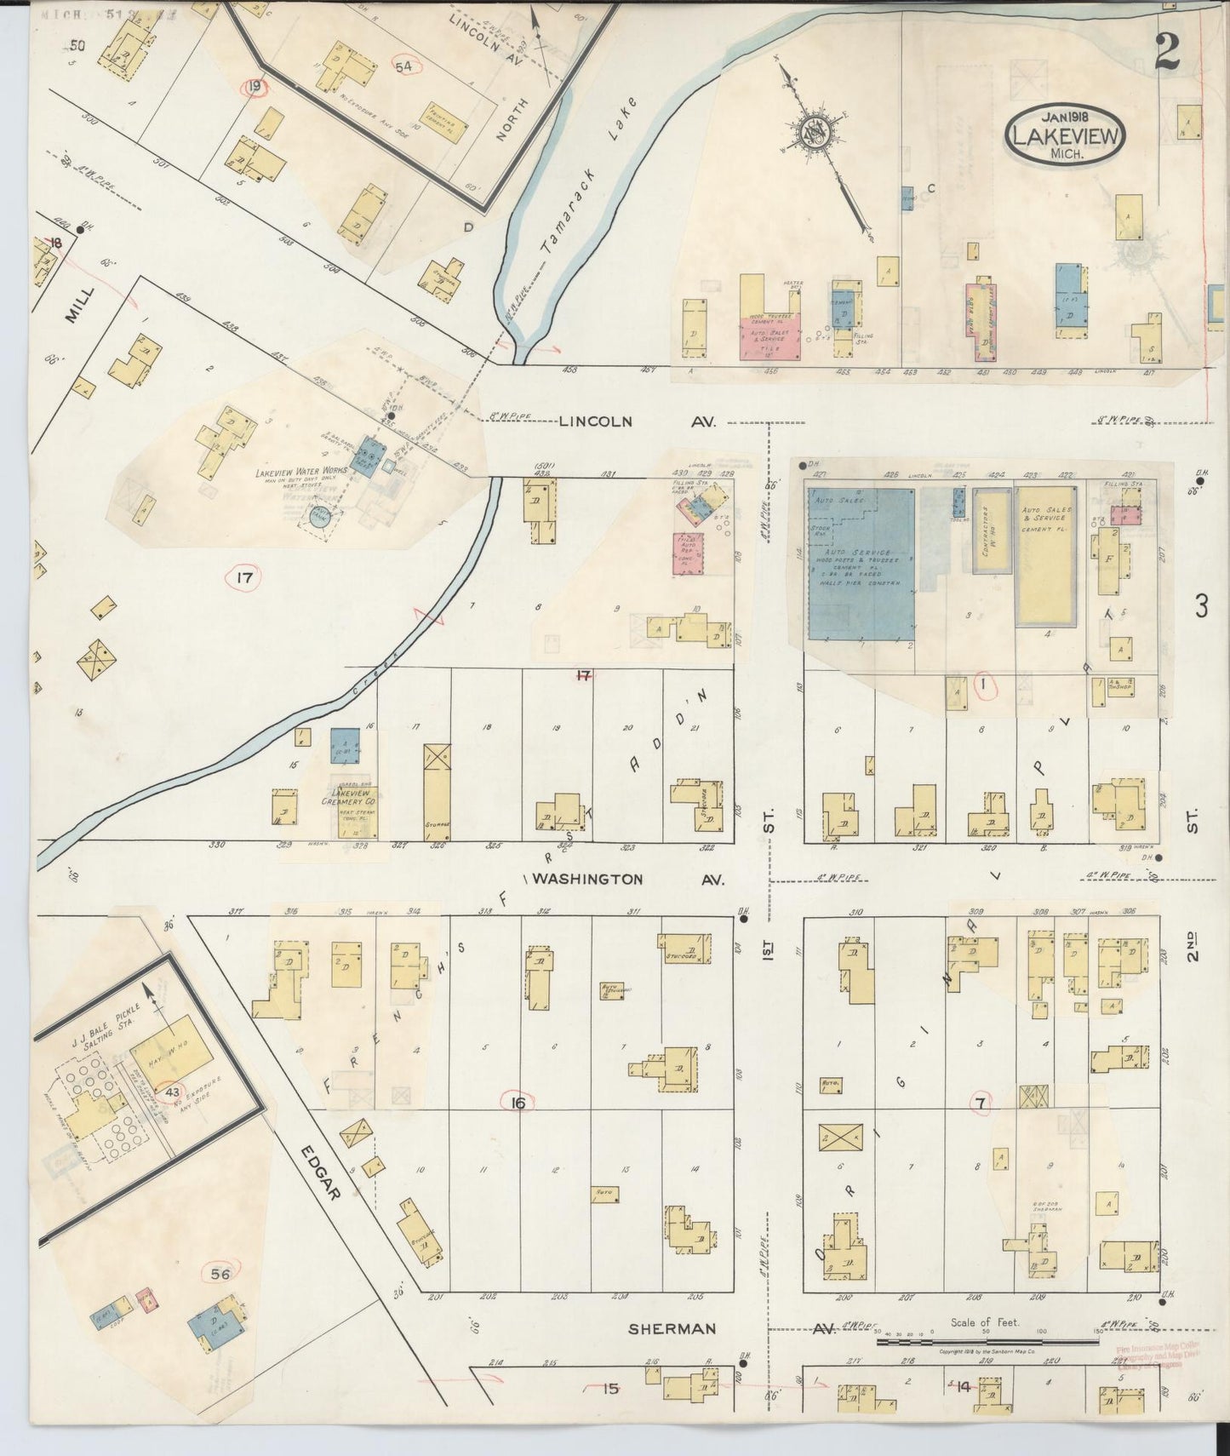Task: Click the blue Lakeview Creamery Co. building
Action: (x=345, y=746)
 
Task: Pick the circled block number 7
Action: (x=981, y=1103)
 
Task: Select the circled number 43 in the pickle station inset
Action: (x=173, y=1092)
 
